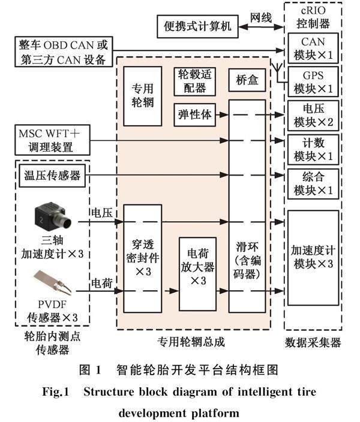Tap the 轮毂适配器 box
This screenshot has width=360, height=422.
[193, 81]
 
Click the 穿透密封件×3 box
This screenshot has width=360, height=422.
[143, 258]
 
